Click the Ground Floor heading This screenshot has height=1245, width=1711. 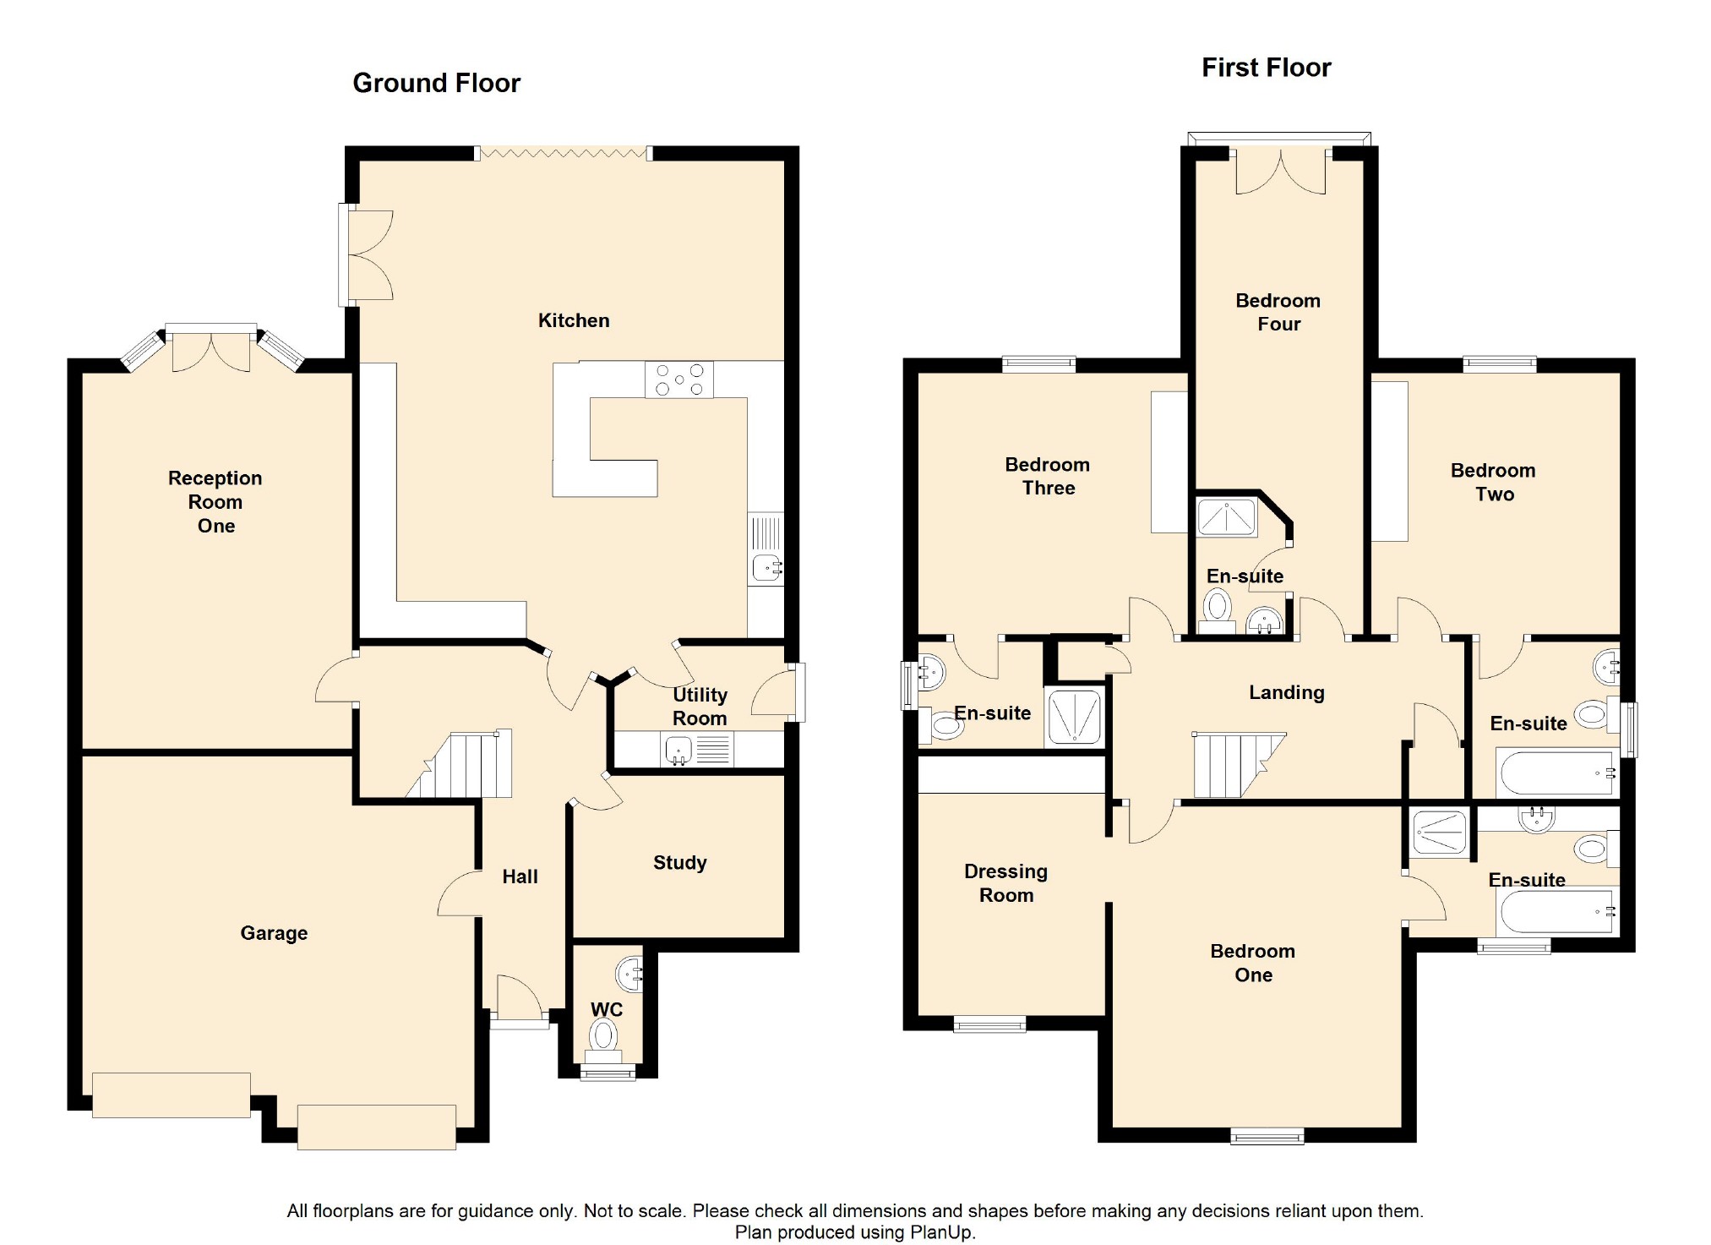(x=436, y=83)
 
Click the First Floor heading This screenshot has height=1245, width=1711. (x=1266, y=68)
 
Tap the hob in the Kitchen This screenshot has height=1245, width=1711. (x=679, y=380)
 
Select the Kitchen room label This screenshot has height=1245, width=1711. (x=574, y=320)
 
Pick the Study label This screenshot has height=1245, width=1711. (x=679, y=863)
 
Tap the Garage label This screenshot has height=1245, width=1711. (x=274, y=933)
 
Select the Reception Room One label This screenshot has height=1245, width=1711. (x=215, y=502)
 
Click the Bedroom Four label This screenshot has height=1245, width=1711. (x=1278, y=312)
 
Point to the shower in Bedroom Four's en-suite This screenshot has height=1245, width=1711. (x=1227, y=516)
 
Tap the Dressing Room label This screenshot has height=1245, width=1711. (x=1005, y=883)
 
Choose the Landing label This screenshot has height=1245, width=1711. (x=1287, y=693)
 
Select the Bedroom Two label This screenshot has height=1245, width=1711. (x=1493, y=482)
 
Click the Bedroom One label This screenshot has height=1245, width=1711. (x=1253, y=963)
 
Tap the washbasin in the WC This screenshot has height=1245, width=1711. (x=630, y=975)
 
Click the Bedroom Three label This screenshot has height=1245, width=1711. (x=1048, y=476)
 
